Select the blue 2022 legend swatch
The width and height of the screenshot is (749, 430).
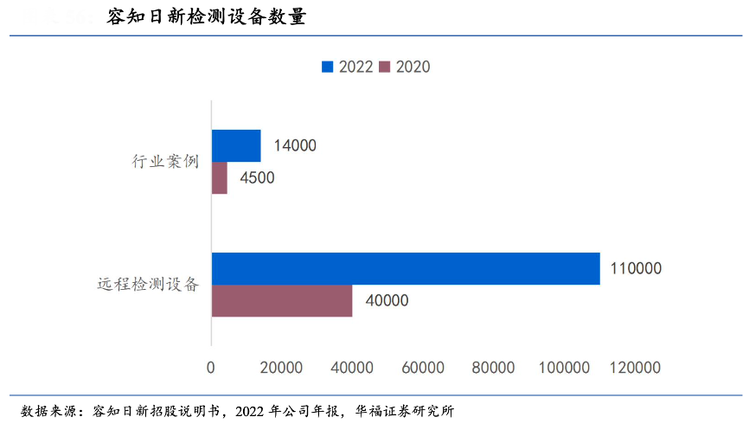click(328, 67)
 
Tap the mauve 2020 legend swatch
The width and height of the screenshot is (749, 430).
click(386, 67)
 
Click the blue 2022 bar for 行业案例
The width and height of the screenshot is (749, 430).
click(236, 145)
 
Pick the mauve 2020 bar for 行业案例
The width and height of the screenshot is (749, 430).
click(220, 178)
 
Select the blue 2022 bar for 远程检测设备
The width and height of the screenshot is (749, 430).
click(406, 268)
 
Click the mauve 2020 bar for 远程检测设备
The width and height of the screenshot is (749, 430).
click(282, 300)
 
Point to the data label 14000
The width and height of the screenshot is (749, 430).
click(295, 145)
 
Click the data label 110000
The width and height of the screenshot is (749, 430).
click(636, 268)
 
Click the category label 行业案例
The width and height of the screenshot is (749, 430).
click(165, 161)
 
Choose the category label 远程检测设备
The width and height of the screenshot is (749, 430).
click(148, 284)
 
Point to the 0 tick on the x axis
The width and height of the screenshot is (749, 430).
click(211, 368)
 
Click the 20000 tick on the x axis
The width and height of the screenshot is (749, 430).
click(280, 368)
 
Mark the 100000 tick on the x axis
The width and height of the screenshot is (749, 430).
click(562, 368)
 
